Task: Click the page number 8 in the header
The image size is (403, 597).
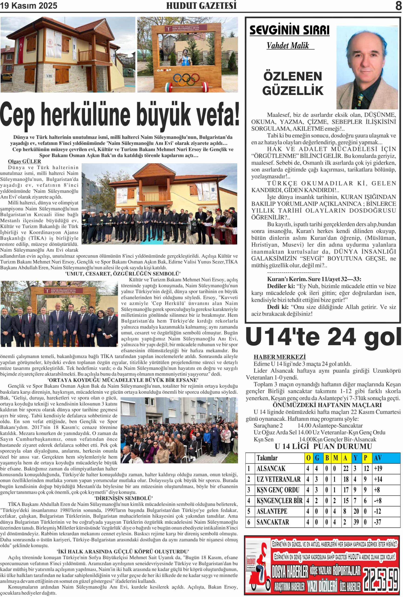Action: click(x=398, y=6)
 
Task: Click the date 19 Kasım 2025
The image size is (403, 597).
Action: click(x=29, y=6)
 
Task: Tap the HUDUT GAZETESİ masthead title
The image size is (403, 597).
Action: click(x=201, y=6)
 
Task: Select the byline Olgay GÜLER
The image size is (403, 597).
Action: click(x=24, y=161)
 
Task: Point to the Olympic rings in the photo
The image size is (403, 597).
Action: click(x=186, y=79)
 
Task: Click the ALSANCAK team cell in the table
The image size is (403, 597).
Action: click(x=271, y=469)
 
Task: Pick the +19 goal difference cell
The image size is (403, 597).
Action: click(x=378, y=469)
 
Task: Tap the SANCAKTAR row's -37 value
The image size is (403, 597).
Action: click(x=378, y=522)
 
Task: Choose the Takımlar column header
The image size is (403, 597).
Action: click(x=267, y=458)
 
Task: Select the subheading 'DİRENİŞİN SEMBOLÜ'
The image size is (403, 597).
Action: click(x=124, y=498)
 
